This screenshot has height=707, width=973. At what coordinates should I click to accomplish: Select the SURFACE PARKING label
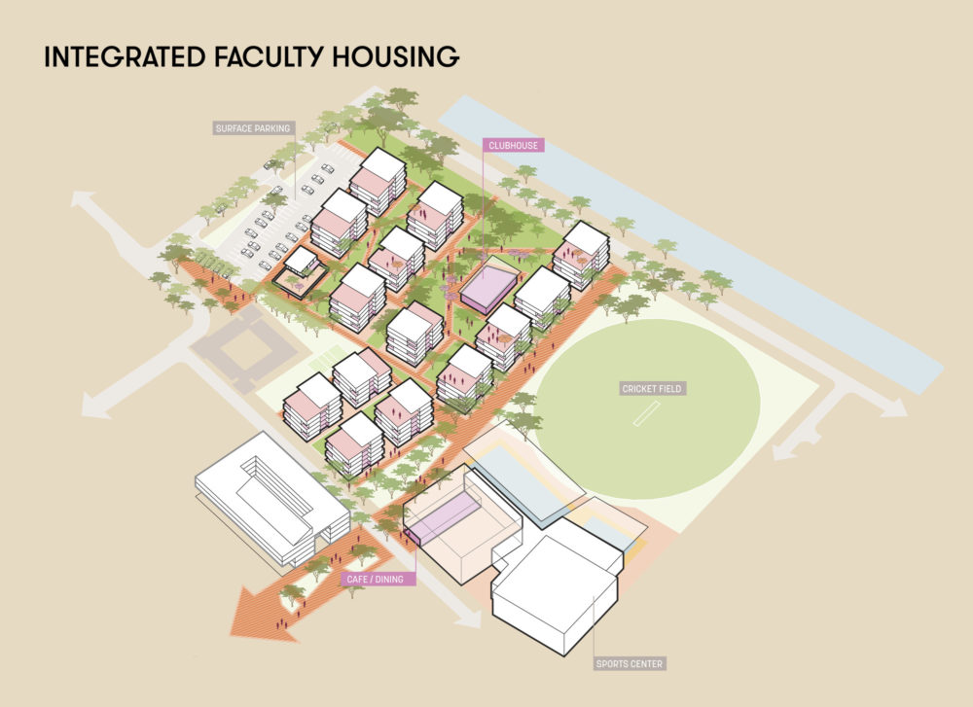click(252, 128)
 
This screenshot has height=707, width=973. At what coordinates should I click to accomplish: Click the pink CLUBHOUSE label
click(512, 146)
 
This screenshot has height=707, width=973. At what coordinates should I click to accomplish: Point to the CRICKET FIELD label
click(654, 389)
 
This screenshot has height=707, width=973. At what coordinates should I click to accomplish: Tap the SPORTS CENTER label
click(630, 664)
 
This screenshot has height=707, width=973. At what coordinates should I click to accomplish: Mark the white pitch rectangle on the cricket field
click(645, 414)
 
